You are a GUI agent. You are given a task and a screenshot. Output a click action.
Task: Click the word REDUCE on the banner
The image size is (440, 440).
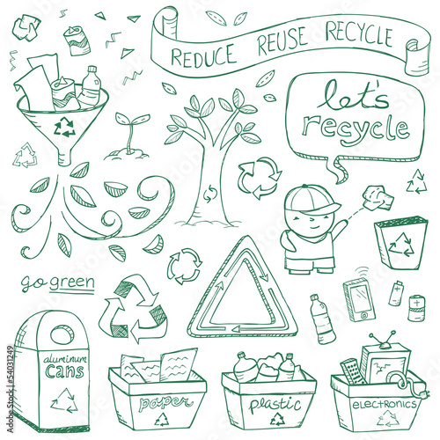coord(203,55)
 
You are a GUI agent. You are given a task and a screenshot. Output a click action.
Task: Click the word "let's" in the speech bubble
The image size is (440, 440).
coord(353,96)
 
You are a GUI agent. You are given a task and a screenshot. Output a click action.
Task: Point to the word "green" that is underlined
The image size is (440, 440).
coord(72,282)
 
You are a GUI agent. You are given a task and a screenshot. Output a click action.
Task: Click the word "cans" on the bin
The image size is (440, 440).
coord(64,370)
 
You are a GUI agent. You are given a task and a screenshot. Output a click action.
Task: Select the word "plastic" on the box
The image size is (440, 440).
coord(275,404)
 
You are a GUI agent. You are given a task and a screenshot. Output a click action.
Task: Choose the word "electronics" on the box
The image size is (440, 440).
coord(385,405)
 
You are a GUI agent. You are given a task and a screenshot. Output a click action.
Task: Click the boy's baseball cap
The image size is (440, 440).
coord(312,200)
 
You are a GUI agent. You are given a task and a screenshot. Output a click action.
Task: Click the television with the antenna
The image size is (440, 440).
coord(384,361)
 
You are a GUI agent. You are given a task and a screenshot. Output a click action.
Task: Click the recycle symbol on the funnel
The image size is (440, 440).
coord(64,127)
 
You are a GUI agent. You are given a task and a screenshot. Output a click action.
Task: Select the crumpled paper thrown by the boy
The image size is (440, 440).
coord(378,197)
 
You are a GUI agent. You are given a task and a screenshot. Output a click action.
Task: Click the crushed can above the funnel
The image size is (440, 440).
coord(77,40)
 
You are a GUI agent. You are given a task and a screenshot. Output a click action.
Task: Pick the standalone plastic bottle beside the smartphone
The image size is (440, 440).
coord(322,319)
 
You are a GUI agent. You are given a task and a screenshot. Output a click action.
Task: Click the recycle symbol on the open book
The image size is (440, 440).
coord(400,245)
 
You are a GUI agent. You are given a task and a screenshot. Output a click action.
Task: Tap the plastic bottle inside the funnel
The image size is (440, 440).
coord(90,86)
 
